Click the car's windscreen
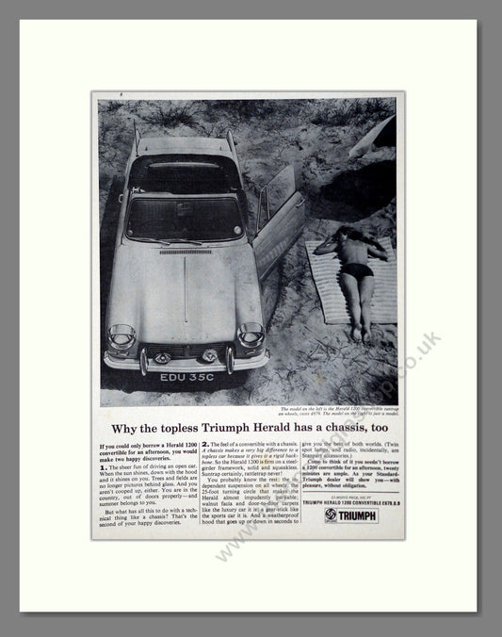click(x=185, y=218)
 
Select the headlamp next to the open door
click(x=250, y=335)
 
